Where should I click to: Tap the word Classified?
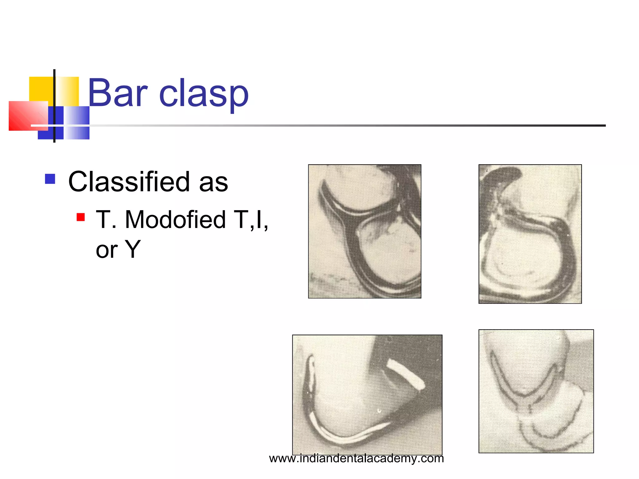pyautogui.click(x=129, y=182)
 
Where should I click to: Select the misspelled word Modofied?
pyautogui.click(x=175, y=220)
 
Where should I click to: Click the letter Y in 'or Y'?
pyautogui.click(x=133, y=249)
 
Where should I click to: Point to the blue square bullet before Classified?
pyautogui.click(x=50, y=179)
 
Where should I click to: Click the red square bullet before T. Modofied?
pyautogui.click(x=81, y=217)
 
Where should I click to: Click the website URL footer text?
pyautogui.click(x=356, y=458)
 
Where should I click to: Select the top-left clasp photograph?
pyautogui.click(x=364, y=231)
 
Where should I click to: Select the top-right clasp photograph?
pyautogui.click(x=530, y=234)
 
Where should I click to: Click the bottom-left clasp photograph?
pyautogui.click(x=367, y=395)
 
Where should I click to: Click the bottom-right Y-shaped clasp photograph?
pyautogui.click(x=536, y=391)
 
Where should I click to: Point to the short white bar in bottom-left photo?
pyautogui.click(x=405, y=374)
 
